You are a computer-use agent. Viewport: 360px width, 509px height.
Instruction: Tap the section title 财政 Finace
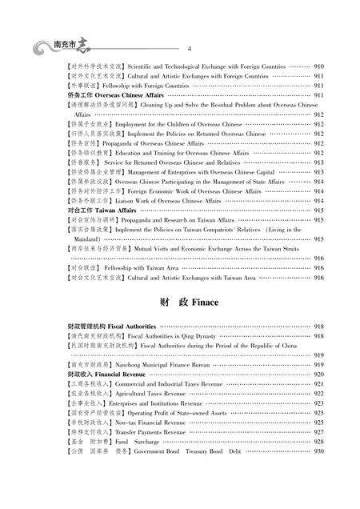(x=179, y=305)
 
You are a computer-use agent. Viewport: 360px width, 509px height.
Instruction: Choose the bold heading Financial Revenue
(x=121, y=375)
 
